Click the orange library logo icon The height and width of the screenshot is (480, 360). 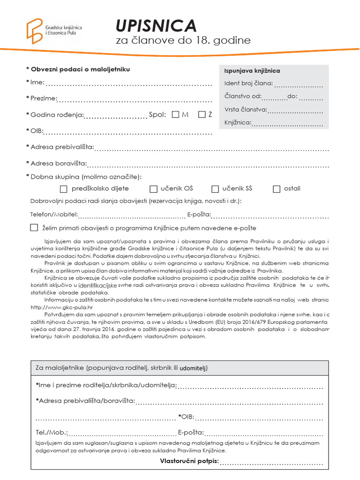(34, 31)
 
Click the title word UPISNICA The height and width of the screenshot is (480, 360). (156, 25)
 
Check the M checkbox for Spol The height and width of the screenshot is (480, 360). (176, 114)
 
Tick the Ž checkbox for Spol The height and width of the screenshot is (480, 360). (202, 114)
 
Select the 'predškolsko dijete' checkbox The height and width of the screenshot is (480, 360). (64, 189)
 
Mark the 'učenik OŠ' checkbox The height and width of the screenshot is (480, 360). (153, 189)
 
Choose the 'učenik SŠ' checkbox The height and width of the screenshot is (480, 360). (215, 189)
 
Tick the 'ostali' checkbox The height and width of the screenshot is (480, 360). (277, 189)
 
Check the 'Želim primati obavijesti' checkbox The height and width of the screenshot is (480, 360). (34, 228)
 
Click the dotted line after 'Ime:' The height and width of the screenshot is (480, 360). (129, 85)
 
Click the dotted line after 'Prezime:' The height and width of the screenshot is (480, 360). (135, 100)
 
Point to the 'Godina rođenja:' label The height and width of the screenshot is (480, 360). (57, 115)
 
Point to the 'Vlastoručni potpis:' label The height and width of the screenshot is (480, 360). (189, 461)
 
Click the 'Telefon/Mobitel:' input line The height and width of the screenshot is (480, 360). (131, 216)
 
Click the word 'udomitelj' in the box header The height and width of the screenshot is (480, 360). (194, 368)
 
